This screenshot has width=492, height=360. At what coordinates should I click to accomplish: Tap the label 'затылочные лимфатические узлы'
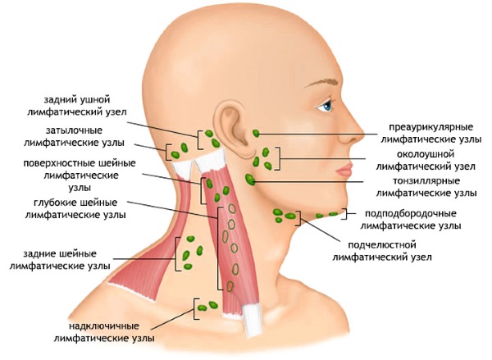tap(74, 136)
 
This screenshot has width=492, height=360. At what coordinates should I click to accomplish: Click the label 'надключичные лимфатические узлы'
tap(103, 330)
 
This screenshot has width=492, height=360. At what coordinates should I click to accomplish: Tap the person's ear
tap(235, 131)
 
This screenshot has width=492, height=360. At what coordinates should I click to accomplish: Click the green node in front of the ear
tap(257, 133)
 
